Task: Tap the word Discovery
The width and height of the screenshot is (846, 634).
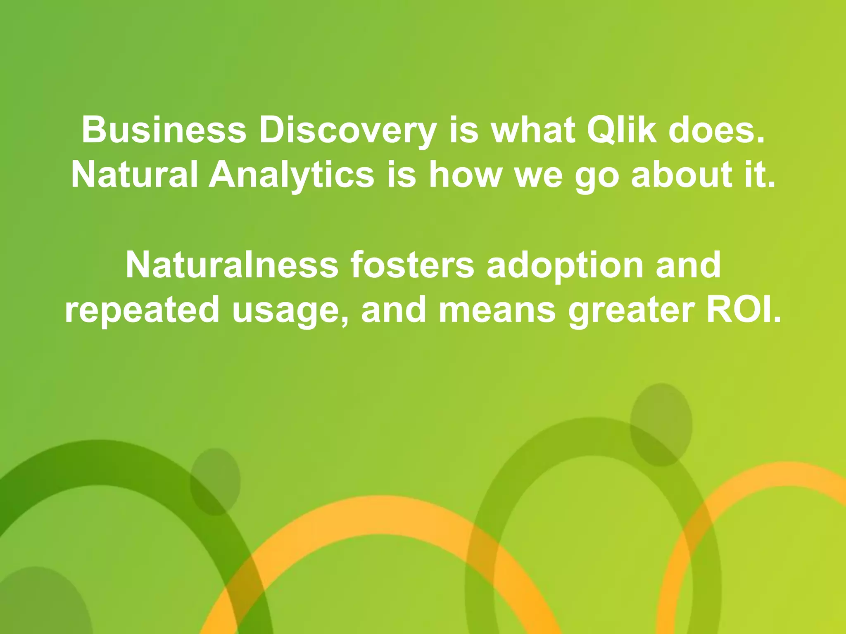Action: [x=348, y=130]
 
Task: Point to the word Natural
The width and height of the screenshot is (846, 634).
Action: [x=135, y=175]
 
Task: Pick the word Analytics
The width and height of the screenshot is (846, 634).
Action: [x=292, y=175]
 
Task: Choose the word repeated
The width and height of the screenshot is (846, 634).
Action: [x=142, y=310]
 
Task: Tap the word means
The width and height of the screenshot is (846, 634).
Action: [x=497, y=310]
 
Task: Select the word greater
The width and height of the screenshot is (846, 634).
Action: [x=631, y=310]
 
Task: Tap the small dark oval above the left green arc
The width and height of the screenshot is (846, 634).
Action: [x=215, y=481]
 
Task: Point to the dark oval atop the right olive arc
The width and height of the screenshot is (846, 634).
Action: [x=661, y=424]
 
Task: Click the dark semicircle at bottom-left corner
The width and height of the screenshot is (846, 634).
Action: [x=37, y=603]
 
